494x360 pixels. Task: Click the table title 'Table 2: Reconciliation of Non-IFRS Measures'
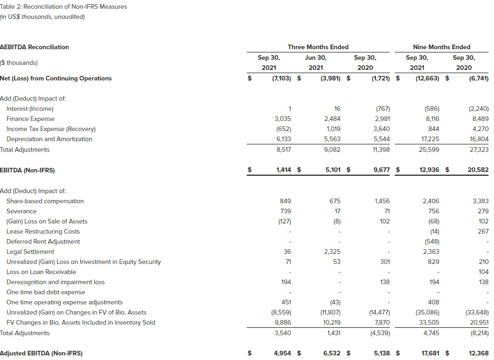pos(63,7)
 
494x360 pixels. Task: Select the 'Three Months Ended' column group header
pos(318,47)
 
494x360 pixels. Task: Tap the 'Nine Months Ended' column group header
pos(442,47)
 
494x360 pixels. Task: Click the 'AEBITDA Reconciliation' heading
pos(34,47)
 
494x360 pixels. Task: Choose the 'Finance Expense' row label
pos(30,119)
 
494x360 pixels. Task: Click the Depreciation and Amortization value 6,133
pos(283,139)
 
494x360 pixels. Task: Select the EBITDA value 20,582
pos(478,170)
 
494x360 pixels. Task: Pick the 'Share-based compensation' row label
pos(45,201)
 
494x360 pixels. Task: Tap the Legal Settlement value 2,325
pos(331,251)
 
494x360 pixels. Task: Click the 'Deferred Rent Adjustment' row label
pos(43,241)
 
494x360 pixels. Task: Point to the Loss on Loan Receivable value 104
pos(483,272)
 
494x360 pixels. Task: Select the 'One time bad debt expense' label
pos(45,292)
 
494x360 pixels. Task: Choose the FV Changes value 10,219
pos(331,322)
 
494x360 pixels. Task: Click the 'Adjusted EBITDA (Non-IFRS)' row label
pos(41,353)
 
